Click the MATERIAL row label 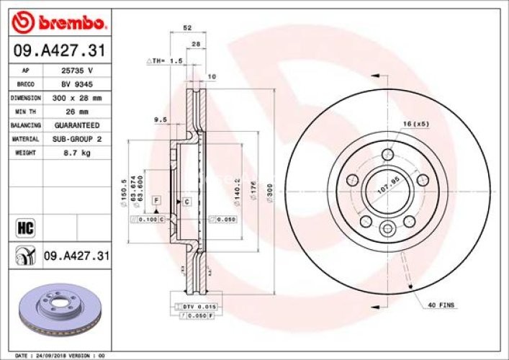[x=25, y=138]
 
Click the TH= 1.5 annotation [x=165, y=61]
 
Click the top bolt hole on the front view [x=388, y=153]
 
